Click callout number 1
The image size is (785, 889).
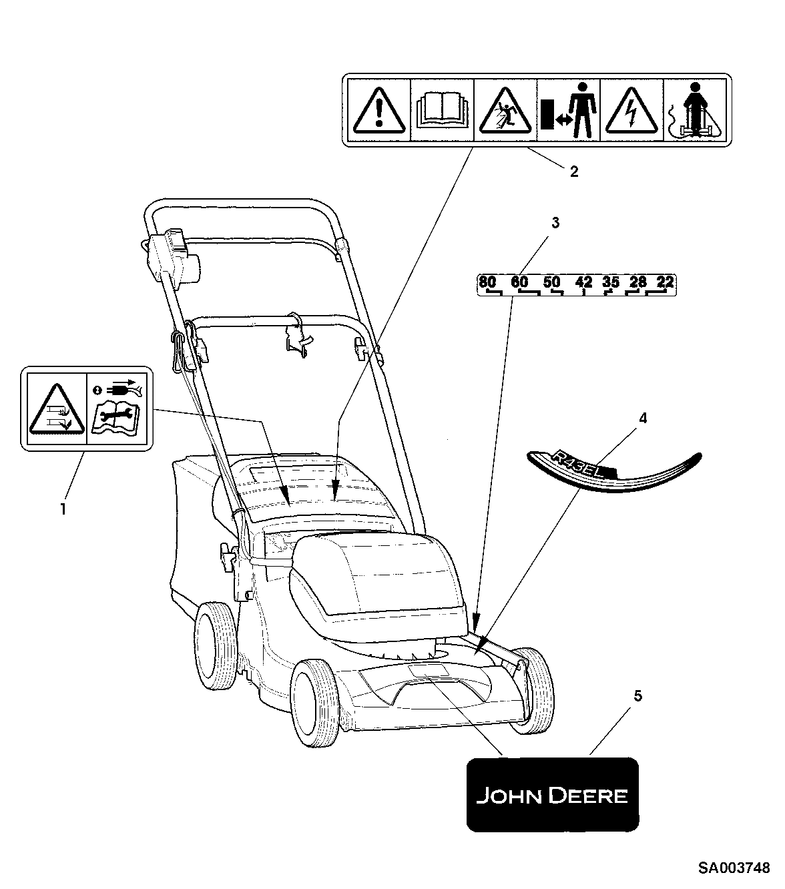point(63,509)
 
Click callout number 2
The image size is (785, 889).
point(573,172)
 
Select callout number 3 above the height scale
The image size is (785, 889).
point(555,224)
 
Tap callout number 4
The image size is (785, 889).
point(642,418)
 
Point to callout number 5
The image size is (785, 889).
point(637,696)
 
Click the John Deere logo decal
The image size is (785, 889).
point(552,794)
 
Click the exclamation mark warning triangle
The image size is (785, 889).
point(378,110)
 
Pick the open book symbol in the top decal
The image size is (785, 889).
point(441,110)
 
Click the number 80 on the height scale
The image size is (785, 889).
point(488,282)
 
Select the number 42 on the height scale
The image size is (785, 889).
point(583,282)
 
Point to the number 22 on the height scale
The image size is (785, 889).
point(664,282)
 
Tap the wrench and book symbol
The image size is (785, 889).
point(117,417)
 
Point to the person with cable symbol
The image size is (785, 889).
point(694,110)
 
